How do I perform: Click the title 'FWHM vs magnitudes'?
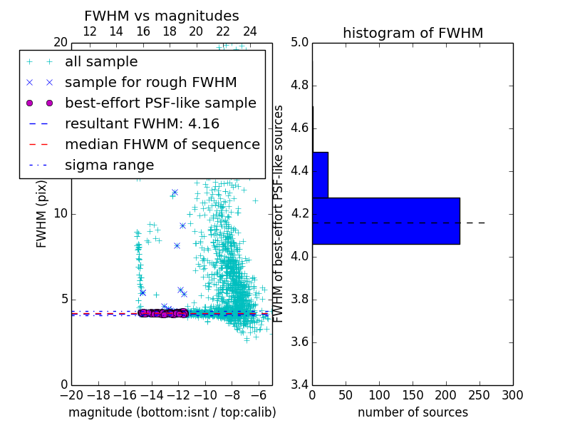click(161, 16)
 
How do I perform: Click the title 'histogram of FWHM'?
click(413, 33)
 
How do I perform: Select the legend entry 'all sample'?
click(101, 62)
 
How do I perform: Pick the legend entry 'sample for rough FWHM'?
click(150, 82)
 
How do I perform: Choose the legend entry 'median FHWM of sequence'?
click(162, 144)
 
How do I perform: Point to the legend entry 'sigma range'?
click(109, 165)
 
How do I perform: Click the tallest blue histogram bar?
click(385, 221)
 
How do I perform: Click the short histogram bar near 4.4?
click(320, 175)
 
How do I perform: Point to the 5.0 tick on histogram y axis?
click(300, 43)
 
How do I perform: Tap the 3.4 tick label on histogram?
click(300, 384)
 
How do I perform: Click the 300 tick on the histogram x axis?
click(512, 395)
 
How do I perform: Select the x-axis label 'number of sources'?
click(413, 412)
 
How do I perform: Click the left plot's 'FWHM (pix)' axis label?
click(42, 213)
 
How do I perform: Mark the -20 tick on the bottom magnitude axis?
click(71, 395)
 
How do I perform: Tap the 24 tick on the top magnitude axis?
click(250, 31)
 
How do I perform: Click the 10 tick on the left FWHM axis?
click(61, 214)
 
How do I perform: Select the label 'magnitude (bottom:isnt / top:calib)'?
click(172, 412)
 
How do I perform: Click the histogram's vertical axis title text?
click(279, 213)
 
